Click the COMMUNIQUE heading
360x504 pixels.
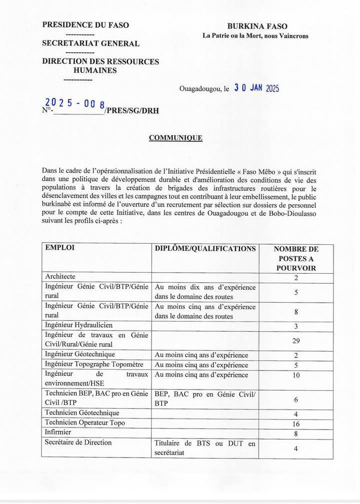tap(175, 138)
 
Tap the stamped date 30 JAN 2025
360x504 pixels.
tap(256, 88)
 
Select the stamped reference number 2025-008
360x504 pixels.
tap(75, 103)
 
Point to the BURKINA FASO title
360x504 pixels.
tap(257, 26)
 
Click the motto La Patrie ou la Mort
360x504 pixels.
tap(255, 35)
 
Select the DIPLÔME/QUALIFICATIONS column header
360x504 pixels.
tap(205, 248)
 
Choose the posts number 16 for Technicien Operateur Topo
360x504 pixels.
tap(296, 423)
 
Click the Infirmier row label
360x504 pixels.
tap(58, 432)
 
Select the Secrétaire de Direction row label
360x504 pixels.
tap(78, 442)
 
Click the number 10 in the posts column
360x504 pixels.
tap(296, 375)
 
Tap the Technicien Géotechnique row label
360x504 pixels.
tap(82, 413)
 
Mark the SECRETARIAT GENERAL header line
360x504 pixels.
tap(91, 43)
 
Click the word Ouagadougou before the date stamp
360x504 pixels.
tap(201, 89)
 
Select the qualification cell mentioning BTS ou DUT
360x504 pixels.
tap(205, 448)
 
